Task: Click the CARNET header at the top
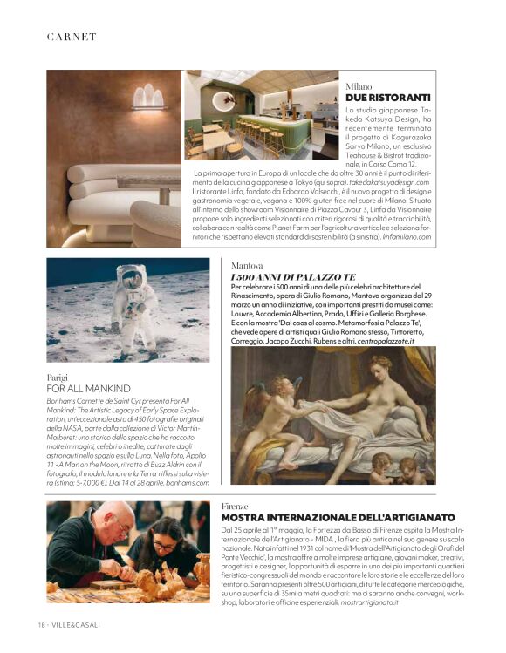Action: (72, 37)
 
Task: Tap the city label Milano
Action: (359, 86)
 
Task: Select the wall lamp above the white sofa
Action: (149, 97)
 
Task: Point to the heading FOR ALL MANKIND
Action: (89, 388)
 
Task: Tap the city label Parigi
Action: (58, 378)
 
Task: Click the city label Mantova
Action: (249, 264)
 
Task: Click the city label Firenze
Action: (236, 506)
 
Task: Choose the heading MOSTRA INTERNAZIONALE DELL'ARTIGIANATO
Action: (335, 518)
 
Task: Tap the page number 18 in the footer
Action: (41, 625)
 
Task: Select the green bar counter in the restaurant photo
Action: (271, 132)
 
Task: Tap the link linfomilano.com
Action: (402, 239)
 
